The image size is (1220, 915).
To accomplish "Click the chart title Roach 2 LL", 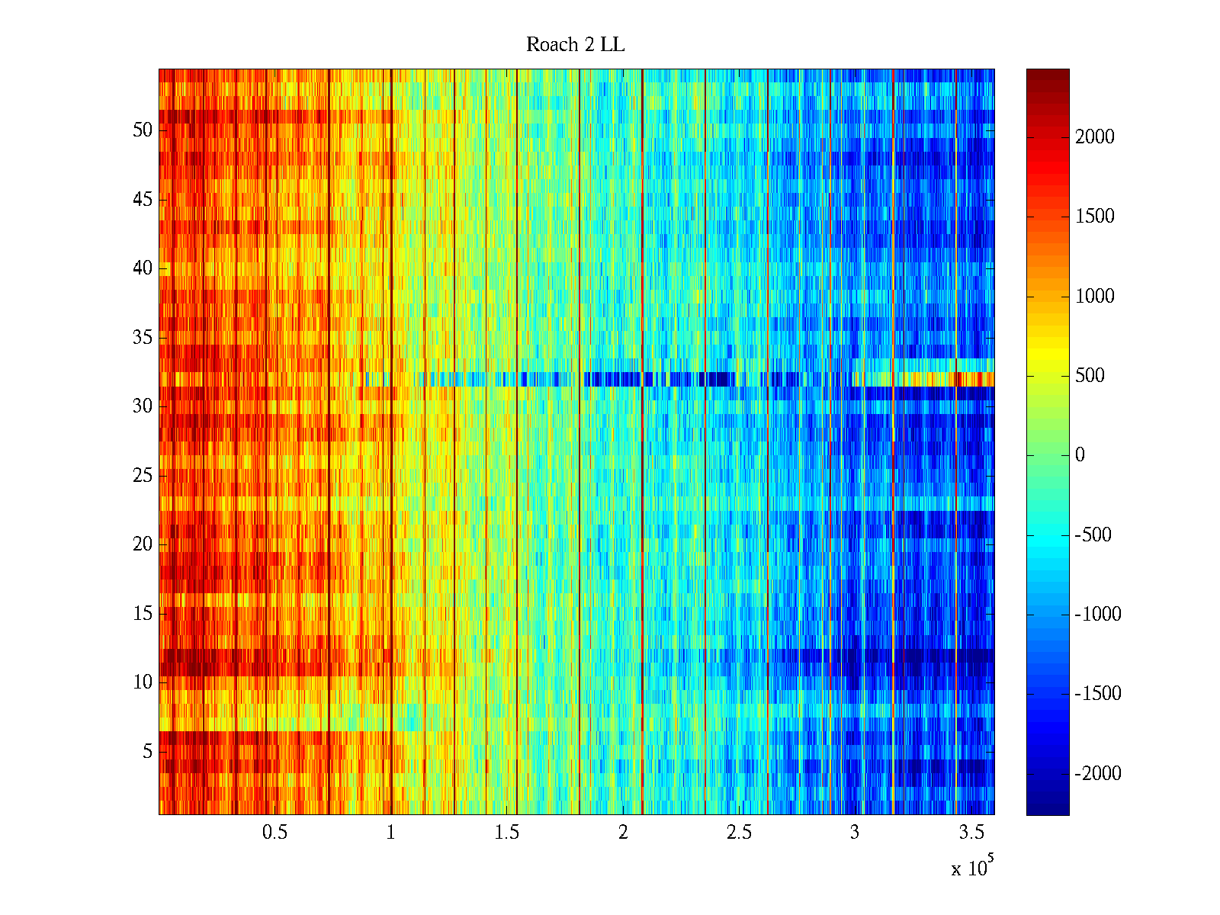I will coord(575,45).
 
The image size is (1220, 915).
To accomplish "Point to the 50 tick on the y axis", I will coord(143,130).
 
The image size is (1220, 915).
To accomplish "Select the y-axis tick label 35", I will coord(143,337).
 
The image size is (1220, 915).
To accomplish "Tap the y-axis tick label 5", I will coord(147,751).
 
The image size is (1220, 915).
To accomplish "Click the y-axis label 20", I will coord(143,544).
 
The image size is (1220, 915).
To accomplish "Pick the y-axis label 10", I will coord(143,682).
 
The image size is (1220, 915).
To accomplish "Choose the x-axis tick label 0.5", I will coord(274,833).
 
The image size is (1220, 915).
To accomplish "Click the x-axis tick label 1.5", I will coord(506,833).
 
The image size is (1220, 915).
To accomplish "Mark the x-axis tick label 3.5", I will coord(971,833).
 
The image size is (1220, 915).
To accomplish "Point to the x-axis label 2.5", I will coord(739,833).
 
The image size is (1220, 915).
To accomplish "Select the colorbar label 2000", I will coord(1095,137).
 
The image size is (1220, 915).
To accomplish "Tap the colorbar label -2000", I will coord(1098,774).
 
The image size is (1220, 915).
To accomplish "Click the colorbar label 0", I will coord(1080,455).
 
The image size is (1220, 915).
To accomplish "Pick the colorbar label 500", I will coord(1090,376).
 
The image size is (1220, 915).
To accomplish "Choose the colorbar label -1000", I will coord(1098,615).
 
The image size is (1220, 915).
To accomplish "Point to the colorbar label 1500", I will coord(1095,217).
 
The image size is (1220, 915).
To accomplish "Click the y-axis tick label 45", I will coord(143,199).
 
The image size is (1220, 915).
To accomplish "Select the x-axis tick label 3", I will coord(854,833).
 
